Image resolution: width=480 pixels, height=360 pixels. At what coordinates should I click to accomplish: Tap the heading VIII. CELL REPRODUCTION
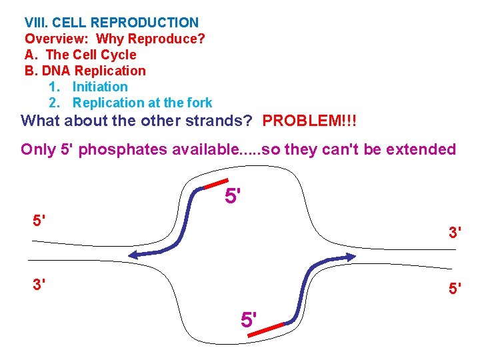pos(111,23)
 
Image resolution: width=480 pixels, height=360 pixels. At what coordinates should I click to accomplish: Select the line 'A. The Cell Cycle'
pos(80,55)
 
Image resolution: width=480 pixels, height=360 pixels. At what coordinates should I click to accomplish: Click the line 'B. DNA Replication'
pos(85,71)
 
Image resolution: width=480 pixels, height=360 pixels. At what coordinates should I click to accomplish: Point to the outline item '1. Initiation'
pos(88,87)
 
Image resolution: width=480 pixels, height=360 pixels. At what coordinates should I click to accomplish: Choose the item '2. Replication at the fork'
pos(131,103)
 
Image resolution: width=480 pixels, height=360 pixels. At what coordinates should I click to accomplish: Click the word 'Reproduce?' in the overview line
pos(169,39)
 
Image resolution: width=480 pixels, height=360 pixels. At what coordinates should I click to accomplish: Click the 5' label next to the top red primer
pos(233,197)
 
